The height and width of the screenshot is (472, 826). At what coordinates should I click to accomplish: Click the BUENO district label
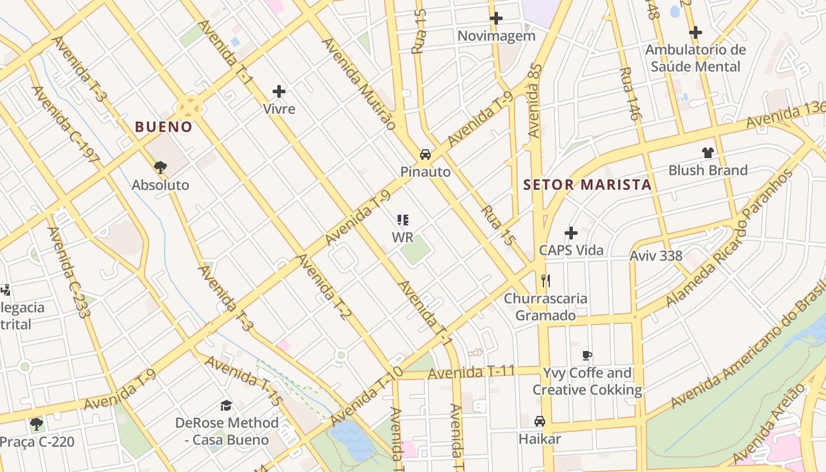click(163, 127)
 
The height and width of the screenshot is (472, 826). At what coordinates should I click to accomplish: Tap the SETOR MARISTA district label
click(587, 185)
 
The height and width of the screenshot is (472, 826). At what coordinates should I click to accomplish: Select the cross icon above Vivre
click(279, 91)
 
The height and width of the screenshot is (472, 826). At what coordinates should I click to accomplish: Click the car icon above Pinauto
click(425, 155)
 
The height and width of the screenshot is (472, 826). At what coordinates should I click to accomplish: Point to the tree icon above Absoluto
click(160, 168)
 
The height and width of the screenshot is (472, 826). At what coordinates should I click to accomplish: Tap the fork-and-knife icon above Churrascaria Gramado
click(546, 280)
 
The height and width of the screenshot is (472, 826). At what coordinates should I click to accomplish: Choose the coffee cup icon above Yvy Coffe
click(586, 355)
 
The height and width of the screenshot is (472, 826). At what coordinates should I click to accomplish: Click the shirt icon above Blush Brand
click(708, 153)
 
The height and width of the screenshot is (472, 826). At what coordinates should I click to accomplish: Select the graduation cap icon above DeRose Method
click(226, 405)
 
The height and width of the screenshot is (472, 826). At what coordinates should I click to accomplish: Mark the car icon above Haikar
click(539, 421)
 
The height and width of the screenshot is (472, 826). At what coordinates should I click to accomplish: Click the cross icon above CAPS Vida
click(571, 233)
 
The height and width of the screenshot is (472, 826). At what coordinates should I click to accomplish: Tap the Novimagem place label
click(496, 36)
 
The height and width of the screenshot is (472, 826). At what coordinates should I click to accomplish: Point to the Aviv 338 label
click(655, 256)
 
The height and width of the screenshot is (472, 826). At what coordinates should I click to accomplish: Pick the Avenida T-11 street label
click(471, 373)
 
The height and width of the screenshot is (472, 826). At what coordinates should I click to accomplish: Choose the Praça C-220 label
click(37, 442)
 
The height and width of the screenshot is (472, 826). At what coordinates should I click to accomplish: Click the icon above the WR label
click(403, 221)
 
